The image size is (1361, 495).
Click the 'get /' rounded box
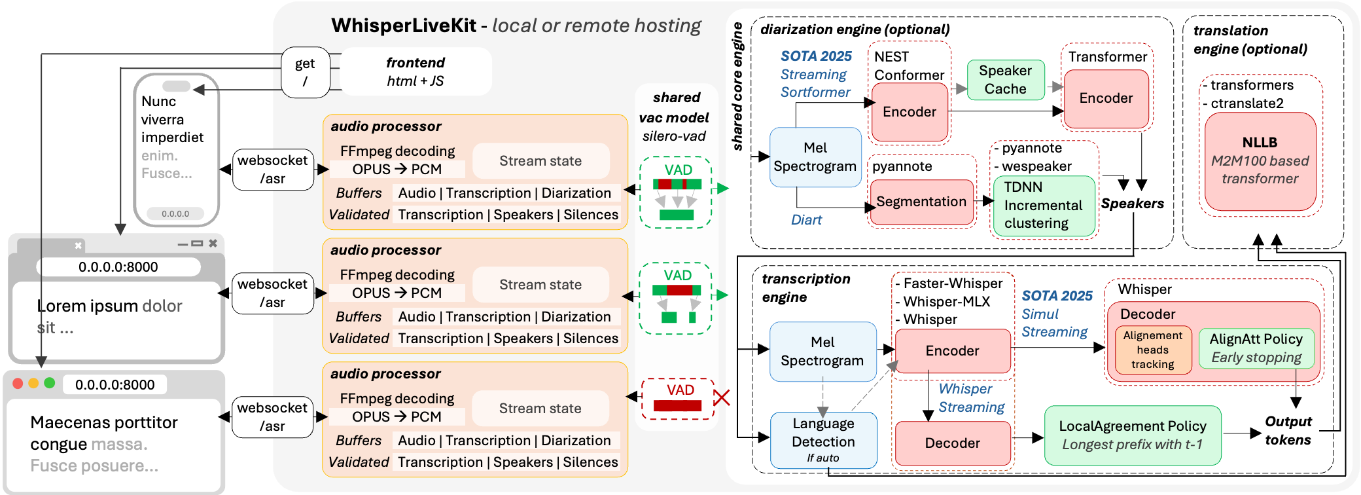(305, 72)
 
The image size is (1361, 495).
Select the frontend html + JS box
(415, 71)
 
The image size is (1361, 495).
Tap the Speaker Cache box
(1006, 79)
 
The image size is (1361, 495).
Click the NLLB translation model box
(1260, 161)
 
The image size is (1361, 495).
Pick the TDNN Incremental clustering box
(1043, 206)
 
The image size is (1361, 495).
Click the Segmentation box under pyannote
(921, 202)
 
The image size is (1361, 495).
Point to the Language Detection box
(823, 440)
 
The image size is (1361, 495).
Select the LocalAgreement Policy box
(1133, 435)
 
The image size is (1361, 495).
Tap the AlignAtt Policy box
(1256, 348)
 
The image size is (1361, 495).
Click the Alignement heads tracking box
(1153, 350)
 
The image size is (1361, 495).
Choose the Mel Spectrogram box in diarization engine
(815, 157)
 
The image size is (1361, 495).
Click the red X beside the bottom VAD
(721, 397)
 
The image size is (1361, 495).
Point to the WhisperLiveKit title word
(404, 26)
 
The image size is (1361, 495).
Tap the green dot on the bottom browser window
(50, 383)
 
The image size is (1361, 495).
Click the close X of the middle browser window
(213, 244)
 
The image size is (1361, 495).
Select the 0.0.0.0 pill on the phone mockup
(175, 213)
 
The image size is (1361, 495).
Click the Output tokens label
(1288, 431)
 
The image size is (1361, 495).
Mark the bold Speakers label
(1132, 204)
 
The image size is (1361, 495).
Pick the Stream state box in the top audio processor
(540, 161)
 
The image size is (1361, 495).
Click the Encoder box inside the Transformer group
(1106, 98)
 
